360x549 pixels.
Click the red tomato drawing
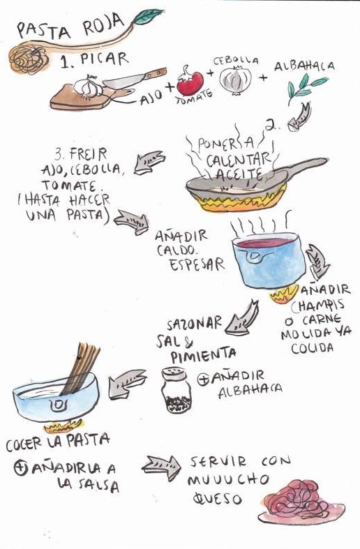click(190, 82)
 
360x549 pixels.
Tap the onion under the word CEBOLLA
click(236, 80)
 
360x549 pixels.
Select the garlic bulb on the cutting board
click(88, 87)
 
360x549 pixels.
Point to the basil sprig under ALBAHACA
click(304, 87)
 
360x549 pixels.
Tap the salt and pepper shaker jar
click(176, 390)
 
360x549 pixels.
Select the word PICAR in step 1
click(105, 59)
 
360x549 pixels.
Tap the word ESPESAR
click(197, 264)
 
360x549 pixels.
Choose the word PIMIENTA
click(204, 354)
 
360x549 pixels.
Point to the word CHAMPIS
click(317, 306)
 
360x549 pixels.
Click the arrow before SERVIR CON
click(162, 467)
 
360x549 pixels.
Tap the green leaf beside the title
click(148, 17)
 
